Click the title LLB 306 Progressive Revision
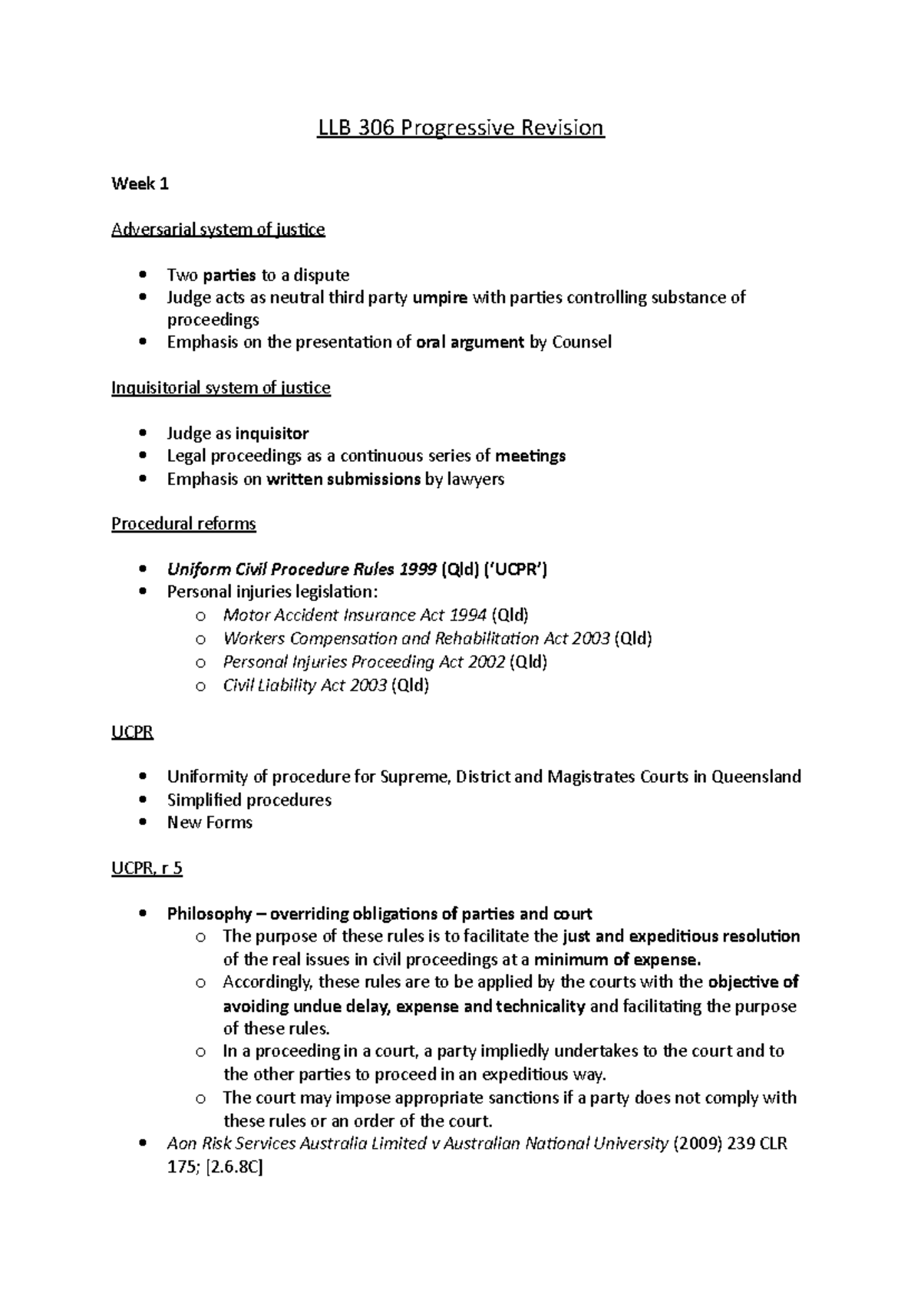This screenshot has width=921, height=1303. tap(461, 127)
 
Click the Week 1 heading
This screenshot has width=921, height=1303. tap(140, 183)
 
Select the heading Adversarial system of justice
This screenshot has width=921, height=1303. tap(218, 229)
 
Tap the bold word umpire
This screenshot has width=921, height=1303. tap(440, 298)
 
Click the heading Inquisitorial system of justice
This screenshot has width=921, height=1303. tap(220, 388)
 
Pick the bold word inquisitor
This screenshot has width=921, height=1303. tap(272, 434)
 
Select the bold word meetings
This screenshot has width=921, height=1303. tap(530, 456)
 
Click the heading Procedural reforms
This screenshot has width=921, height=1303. tap(183, 524)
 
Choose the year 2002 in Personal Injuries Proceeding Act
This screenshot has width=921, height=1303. tap(487, 661)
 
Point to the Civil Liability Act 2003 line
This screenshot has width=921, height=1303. tap(325, 685)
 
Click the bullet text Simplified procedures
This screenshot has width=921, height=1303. tap(249, 800)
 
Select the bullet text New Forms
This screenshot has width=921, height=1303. tap(210, 823)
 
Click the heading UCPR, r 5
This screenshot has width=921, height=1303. tap(147, 869)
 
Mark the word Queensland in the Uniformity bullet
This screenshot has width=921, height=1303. tap(756, 777)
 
